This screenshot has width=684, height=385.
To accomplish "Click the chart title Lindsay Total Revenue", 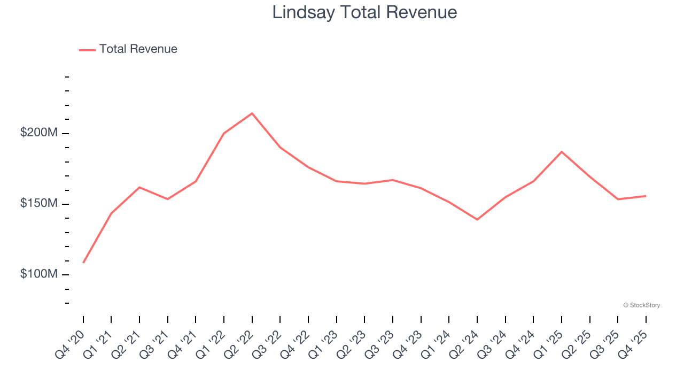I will [364, 12].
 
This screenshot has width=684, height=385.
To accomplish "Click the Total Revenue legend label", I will [138, 49].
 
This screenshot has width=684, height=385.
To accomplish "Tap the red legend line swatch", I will [87, 50].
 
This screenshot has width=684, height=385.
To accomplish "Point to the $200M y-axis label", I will [38, 133].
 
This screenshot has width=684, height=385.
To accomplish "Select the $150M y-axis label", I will [38, 204].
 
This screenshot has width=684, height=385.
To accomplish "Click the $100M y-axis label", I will [38, 274].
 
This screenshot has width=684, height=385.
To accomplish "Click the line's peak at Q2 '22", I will [252, 113].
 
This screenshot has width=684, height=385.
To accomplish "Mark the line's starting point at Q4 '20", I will [83, 263].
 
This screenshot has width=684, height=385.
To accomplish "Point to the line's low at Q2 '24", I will [477, 220].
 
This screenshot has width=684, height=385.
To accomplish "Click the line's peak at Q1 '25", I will [562, 151].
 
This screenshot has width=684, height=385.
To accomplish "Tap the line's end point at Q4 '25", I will [646, 196].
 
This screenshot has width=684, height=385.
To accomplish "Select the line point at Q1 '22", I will [224, 133].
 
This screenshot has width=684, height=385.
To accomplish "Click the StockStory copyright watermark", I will [641, 305].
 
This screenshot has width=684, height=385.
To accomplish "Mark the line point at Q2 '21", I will [139, 187].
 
